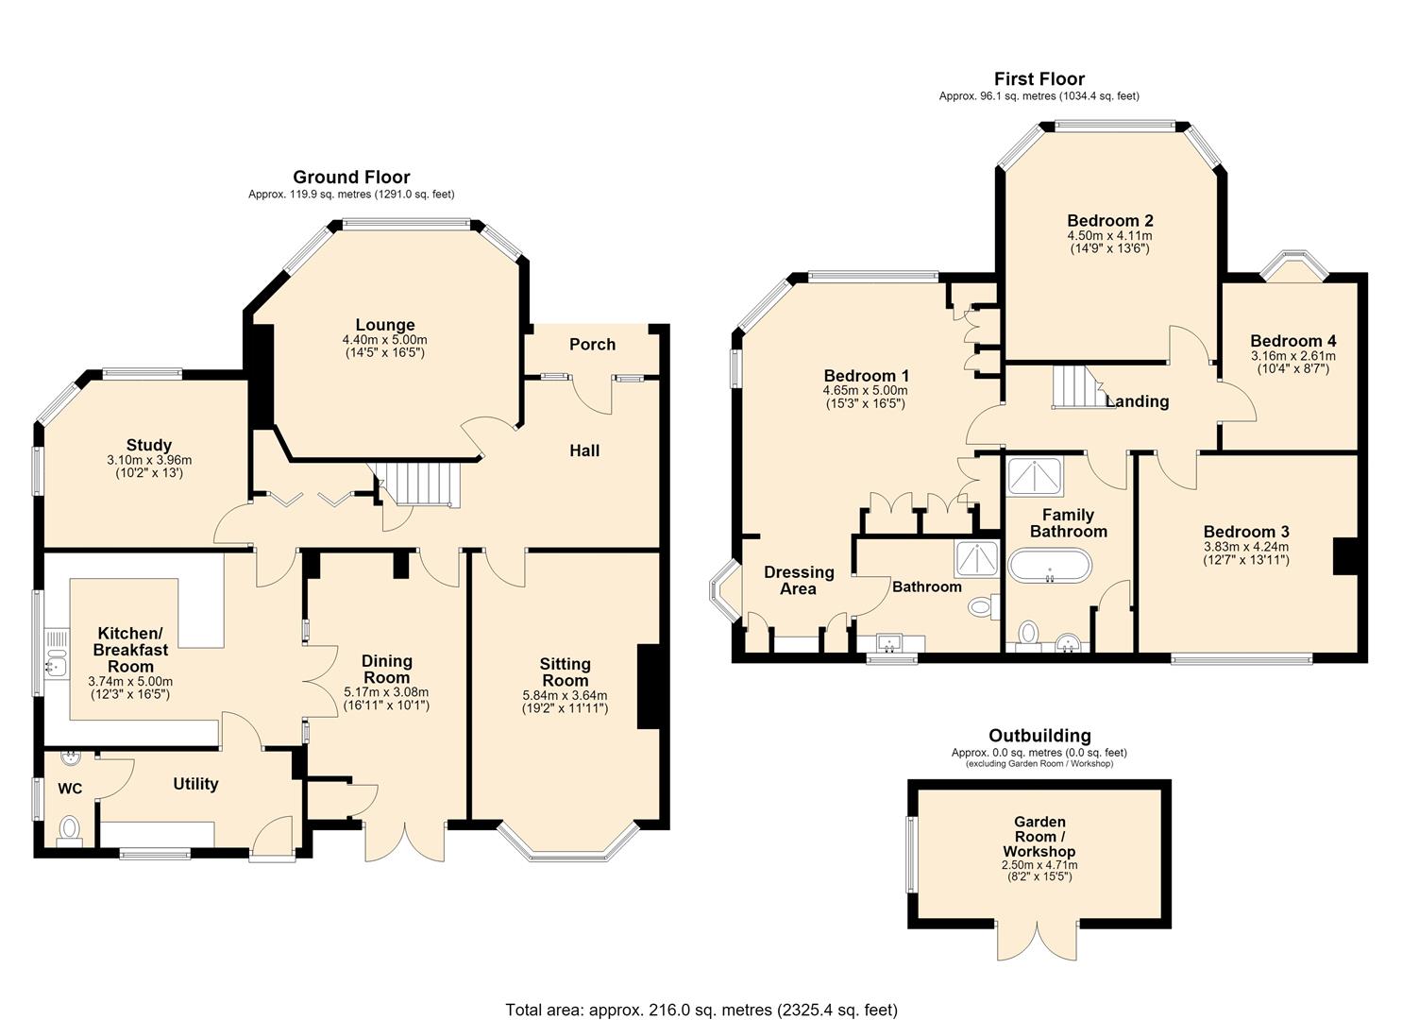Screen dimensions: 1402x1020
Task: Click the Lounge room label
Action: coord(385,325)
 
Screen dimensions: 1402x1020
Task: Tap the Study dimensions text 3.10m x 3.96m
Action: coord(149,460)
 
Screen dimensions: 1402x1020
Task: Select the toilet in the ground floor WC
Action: coord(70,831)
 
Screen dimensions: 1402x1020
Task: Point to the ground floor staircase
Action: coord(417,484)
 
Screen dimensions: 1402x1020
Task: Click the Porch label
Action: coord(592,345)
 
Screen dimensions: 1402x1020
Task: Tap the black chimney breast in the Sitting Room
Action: coord(649,687)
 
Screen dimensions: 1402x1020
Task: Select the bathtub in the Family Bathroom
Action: coord(1052,566)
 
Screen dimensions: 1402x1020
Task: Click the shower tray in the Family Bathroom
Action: coord(1035,477)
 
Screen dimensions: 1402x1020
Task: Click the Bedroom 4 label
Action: coord(1293,341)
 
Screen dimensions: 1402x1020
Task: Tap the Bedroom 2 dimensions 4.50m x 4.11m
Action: coord(1109,236)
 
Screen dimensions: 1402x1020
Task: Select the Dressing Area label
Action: coord(799,581)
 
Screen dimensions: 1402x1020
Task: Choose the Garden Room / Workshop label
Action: coord(1039,837)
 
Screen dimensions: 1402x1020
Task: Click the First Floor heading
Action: coord(1039,79)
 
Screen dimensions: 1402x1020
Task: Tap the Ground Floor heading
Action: coord(351,178)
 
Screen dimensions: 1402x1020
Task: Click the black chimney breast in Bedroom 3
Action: coord(1345,556)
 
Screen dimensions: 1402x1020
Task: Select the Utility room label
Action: coord(195,784)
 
